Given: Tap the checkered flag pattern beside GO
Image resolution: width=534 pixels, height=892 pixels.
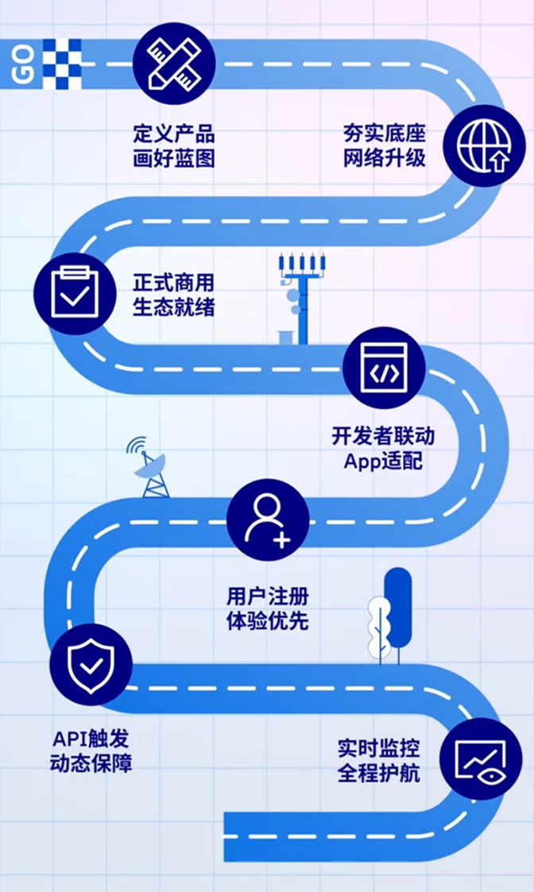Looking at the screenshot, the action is coord(62,64).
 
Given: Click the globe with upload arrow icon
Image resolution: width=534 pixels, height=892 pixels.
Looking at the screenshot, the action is coord(484,145).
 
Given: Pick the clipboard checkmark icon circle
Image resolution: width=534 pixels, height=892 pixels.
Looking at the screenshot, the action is coord(75,293).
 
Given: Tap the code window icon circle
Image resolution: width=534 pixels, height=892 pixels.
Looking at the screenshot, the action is coord(385,368).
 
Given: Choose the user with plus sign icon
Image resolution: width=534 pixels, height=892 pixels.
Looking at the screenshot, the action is coord(268,520).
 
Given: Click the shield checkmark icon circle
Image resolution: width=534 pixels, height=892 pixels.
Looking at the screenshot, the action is coord(91,665).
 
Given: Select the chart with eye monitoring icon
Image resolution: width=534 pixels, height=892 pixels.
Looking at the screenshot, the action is coord(481,759).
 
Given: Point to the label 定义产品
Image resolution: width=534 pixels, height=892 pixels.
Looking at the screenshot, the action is coord(174,133).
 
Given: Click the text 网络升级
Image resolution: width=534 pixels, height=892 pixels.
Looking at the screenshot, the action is coord(385,157).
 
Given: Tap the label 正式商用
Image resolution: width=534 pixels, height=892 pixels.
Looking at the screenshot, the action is coord(174,283).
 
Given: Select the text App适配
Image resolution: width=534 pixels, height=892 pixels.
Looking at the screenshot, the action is coord(383,461).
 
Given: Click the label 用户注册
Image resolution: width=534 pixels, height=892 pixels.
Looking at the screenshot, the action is coord(268,597).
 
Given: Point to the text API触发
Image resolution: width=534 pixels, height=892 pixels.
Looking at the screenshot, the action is coord(91,739).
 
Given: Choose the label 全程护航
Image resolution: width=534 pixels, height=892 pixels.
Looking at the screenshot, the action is coord(378,773).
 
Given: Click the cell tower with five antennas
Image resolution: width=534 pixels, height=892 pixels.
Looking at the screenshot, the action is coord(301,299).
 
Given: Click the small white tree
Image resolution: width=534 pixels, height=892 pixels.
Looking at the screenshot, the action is coord(378,628).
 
